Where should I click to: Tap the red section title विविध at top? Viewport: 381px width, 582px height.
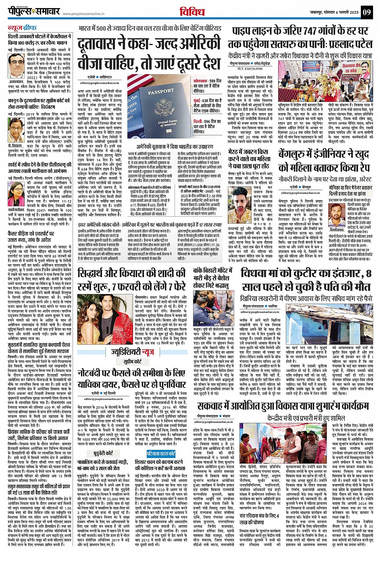(x=193, y=12)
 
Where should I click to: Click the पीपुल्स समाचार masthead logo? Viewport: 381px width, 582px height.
(x=34, y=12)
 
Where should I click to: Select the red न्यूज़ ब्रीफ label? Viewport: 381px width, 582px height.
(x=23, y=28)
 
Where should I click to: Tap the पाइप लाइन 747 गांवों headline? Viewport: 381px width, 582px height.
(x=300, y=37)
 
